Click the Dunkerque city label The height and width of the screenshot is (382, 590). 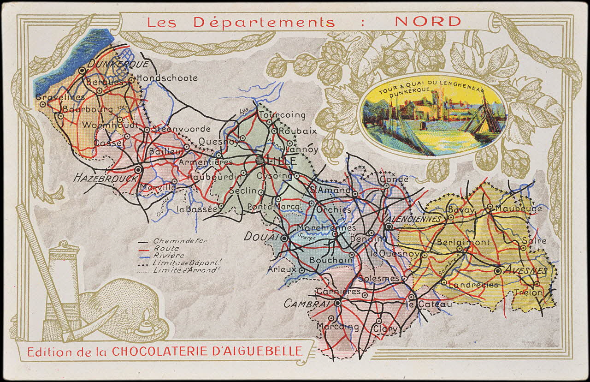point(117,64)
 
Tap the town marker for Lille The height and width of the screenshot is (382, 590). point(260,160)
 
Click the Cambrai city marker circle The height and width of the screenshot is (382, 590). point(338,303)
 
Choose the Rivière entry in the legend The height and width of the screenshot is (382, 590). point(168,255)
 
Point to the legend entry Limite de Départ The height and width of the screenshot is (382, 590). point(177,263)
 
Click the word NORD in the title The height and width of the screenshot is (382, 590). point(428,21)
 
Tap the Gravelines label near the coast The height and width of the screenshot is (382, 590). point(60,97)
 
